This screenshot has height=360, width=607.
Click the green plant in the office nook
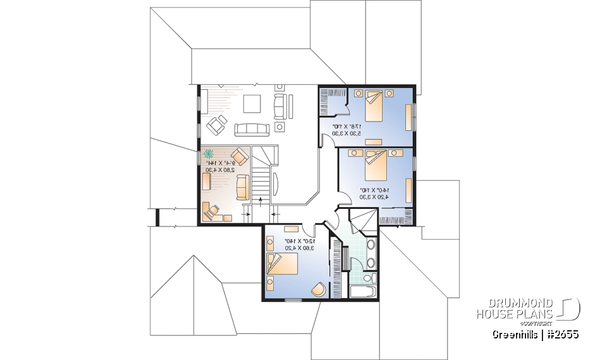pos(209,154)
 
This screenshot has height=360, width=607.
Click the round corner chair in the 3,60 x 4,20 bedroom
pos(319,289)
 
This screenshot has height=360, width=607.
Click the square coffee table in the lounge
pos(252,102)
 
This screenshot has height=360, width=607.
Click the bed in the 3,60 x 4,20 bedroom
pos(281,263)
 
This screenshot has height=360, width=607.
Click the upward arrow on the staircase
pos(261,201)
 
